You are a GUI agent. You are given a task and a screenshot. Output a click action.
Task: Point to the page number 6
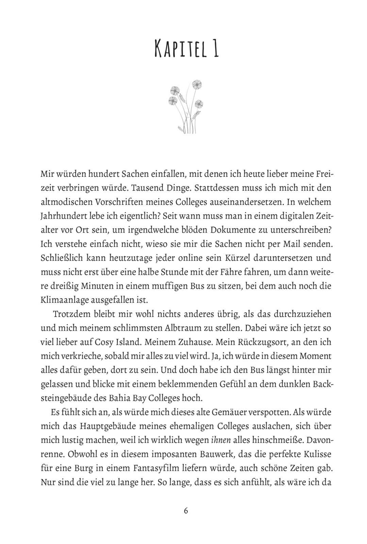[x=186, y=511]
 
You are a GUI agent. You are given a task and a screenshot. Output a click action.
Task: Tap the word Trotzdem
[x=70, y=314]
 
